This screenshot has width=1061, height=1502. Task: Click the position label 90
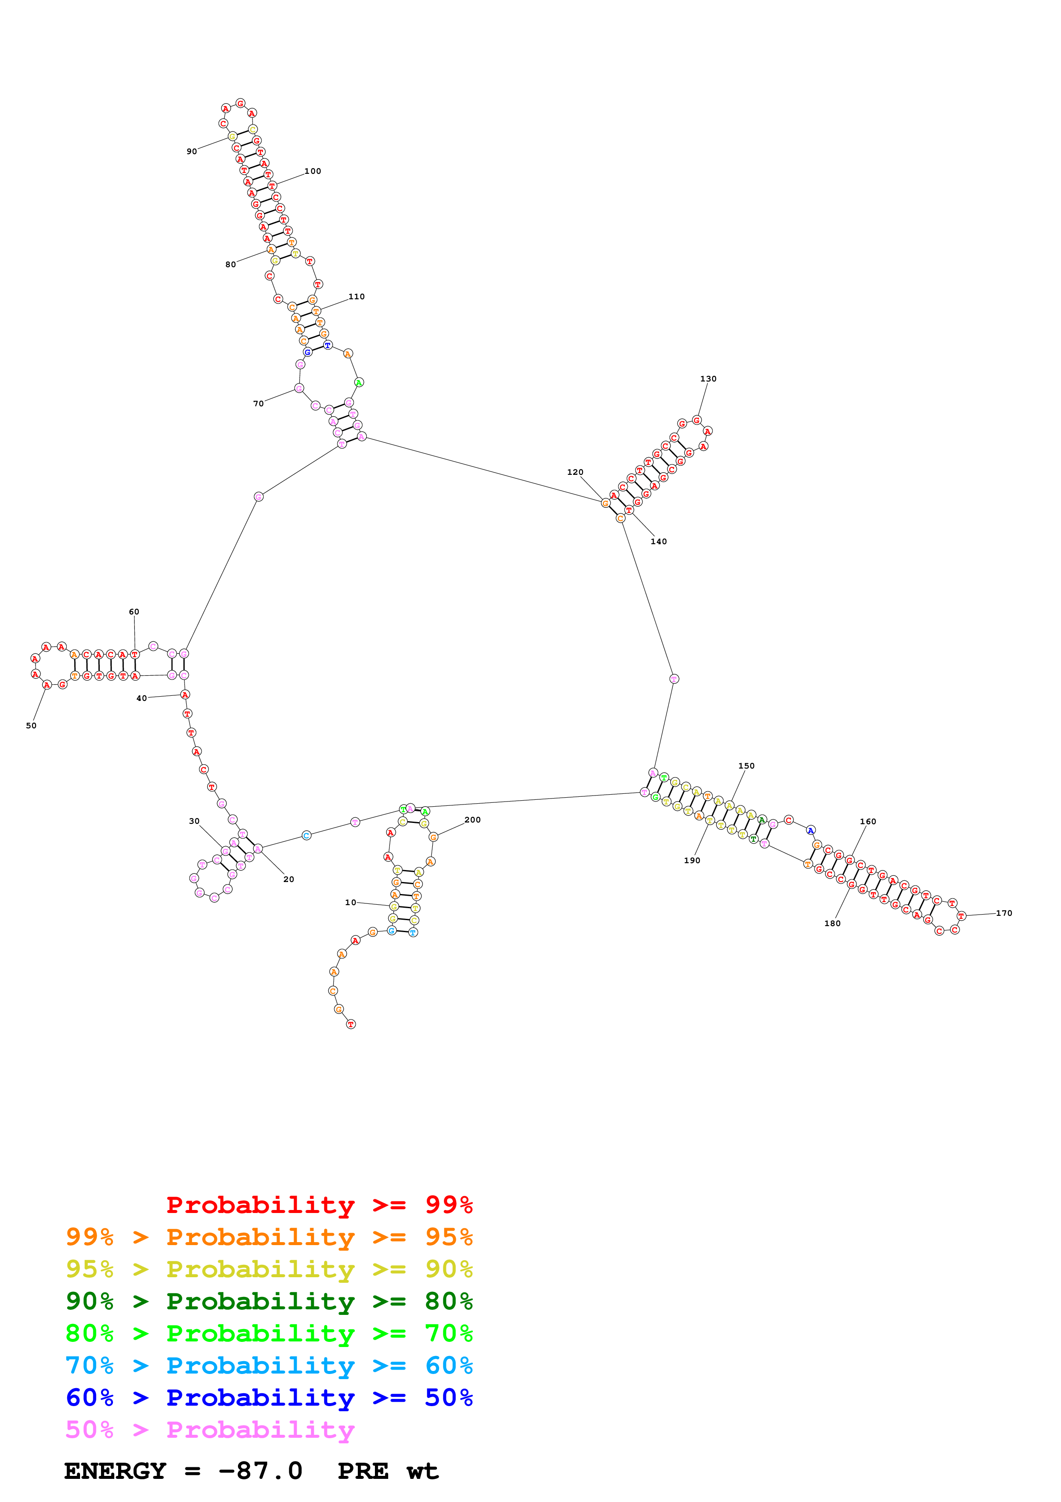(x=192, y=151)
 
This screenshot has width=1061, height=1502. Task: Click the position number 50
(x=31, y=725)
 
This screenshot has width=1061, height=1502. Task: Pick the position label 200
(x=472, y=820)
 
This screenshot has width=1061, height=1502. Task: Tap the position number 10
(x=351, y=902)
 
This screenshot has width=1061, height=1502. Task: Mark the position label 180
(x=832, y=923)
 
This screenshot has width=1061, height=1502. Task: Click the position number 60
(x=134, y=612)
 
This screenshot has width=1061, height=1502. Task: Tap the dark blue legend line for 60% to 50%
(x=269, y=1398)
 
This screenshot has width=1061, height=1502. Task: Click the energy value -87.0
(x=260, y=1471)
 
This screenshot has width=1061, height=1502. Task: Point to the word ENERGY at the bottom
(x=115, y=1471)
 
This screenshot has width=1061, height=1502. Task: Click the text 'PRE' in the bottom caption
(x=363, y=1471)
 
